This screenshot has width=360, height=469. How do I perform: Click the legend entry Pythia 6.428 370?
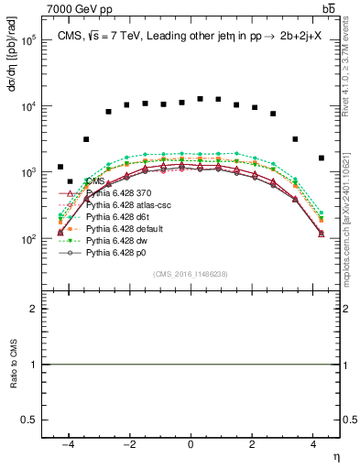point(115,193)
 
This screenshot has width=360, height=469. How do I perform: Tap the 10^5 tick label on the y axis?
point(30,41)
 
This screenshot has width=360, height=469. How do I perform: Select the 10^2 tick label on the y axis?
point(30,239)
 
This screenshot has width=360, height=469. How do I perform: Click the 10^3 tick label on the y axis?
point(30,173)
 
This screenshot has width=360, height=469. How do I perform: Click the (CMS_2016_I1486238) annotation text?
point(191,274)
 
